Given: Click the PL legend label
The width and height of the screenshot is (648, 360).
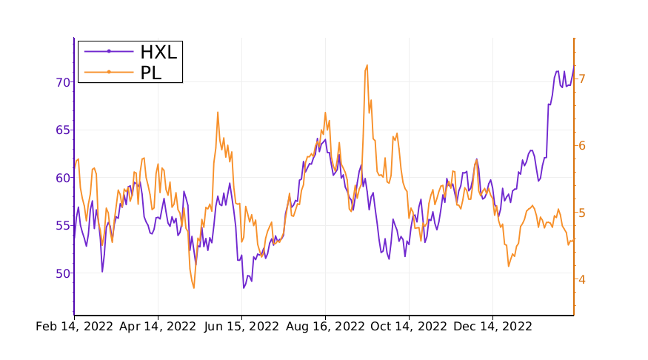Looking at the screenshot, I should pos(150,72).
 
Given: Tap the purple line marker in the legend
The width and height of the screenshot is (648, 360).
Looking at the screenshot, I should pos(109,51).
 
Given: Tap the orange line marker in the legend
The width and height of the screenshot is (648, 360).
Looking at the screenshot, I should pos(109,72).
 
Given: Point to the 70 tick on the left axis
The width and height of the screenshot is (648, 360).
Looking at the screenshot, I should pos(63,82).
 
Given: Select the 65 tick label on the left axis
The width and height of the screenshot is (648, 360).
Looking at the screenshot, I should pos(63,130).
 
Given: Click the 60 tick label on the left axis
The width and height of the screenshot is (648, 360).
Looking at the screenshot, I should pos(63,178).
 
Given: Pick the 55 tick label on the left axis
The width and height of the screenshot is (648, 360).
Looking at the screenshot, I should pos(63,225).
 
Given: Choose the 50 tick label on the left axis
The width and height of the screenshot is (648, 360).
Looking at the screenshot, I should pos(63,273).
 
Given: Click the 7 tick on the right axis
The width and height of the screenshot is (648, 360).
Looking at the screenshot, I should pos(583,79).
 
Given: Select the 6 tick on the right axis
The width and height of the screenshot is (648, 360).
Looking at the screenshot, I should pos(583,145).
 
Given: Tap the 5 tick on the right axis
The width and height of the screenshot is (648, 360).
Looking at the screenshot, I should pos(583,213).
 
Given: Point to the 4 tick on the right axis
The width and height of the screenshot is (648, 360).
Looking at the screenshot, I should pos(583,279).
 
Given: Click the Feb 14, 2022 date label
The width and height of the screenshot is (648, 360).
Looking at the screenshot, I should pos(74,326).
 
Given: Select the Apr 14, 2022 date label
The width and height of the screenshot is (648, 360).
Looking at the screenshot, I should pos(158,326).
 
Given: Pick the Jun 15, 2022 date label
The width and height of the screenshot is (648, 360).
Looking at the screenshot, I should pos(241,326).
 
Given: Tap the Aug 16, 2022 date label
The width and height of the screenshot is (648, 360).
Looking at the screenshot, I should pos(326,326).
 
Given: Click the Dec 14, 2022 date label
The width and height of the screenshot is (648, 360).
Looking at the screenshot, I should pos(492,326).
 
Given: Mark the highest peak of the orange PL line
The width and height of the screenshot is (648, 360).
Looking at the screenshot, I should pos(367,66).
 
